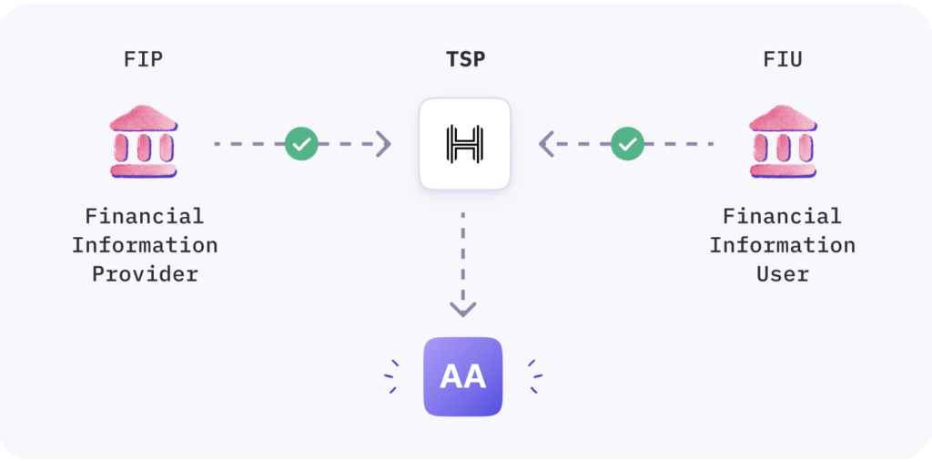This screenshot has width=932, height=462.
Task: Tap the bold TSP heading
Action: click(464, 60)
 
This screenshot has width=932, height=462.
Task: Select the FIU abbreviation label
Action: click(783, 60)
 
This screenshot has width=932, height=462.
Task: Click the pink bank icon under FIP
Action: click(144, 141)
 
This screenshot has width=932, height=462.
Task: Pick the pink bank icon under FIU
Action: click(782, 141)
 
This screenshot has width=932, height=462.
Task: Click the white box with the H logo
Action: click(464, 144)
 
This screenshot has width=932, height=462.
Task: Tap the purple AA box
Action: click(463, 376)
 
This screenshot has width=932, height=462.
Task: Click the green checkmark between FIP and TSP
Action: click(301, 144)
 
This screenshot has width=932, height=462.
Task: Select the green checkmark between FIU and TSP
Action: click(626, 144)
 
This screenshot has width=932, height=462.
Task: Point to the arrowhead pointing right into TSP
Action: click(384, 144)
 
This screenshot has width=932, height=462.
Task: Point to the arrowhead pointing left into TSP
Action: click(546, 144)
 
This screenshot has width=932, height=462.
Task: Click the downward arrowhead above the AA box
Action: click(463, 308)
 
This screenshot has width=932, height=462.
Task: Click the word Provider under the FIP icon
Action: click(145, 274)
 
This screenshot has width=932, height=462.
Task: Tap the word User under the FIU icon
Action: click(783, 274)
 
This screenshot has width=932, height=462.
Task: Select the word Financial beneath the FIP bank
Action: click(145, 217)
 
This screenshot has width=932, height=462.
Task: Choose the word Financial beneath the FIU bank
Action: click(783, 217)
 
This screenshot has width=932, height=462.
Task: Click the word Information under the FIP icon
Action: click(145, 245)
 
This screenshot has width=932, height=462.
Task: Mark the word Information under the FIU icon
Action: click(783, 245)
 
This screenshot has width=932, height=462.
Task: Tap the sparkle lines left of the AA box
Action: click(391, 376)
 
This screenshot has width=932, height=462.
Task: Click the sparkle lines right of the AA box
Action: click(535, 376)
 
